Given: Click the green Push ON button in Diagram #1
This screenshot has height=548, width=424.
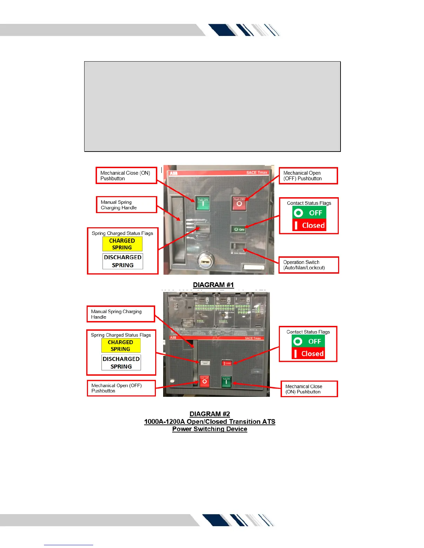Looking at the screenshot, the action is (x=203, y=203).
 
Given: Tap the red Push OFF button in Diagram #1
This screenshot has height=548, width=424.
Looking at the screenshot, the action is (x=239, y=203).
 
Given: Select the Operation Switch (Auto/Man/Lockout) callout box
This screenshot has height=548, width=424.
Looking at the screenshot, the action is (x=309, y=265).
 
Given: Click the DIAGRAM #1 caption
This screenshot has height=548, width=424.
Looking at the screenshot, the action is (x=213, y=285).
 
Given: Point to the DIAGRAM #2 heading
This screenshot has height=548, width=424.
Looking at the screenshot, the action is (x=210, y=414).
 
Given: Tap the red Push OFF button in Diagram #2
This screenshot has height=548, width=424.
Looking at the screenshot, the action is (x=204, y=381).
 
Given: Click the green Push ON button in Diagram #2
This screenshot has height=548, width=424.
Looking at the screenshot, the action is (x=226, y=382).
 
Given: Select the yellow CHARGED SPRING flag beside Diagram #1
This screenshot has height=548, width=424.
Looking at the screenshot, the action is (x=122, y=244).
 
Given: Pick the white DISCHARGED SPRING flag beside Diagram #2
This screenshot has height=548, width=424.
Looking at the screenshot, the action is (x=121, y=363).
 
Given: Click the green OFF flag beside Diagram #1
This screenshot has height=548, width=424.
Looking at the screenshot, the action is (x=309, y=213).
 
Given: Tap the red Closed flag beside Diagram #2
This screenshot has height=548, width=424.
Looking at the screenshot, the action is (x=308, y=354).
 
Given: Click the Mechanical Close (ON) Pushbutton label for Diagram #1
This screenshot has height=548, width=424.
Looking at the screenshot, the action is (x=126, y=175).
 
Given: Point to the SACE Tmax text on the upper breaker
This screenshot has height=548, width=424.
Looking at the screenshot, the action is (x=257, y=172).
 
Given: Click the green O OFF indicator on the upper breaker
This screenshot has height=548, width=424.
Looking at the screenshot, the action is (x=239, y=229).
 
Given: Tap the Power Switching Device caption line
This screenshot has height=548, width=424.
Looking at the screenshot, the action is (x=210, y=429).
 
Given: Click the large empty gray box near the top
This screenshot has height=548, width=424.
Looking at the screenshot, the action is (x=212, y=107).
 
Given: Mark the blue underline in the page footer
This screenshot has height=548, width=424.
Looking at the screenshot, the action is (x=69, y=545).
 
